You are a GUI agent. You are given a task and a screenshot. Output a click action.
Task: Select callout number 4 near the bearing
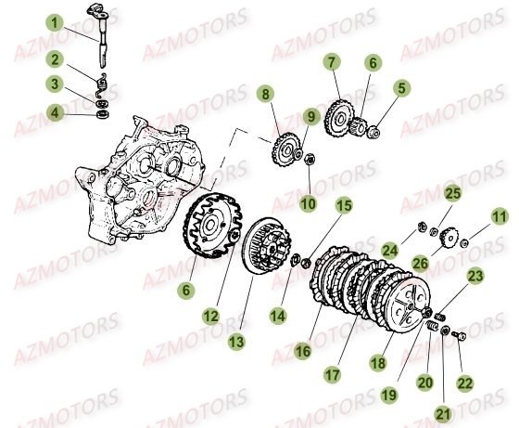(x=57, y=113)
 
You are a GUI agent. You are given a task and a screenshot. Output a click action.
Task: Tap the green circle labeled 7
(x=329, y=63)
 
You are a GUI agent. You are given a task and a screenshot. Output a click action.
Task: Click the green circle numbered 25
(x=451, y=194)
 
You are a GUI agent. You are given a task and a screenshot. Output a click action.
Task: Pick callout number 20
(x=426, y=380)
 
